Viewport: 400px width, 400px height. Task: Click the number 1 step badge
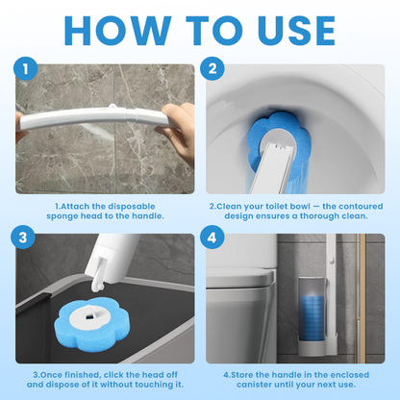click(x=25, y=70)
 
